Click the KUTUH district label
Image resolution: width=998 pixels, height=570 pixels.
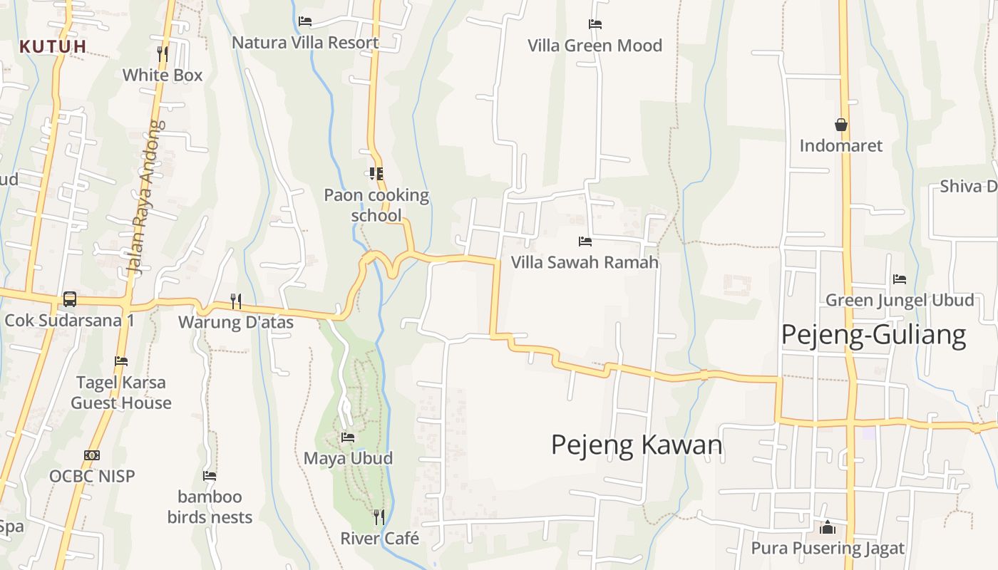pos(53,46)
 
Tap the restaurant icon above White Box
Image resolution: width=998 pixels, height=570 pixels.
pos(163,53)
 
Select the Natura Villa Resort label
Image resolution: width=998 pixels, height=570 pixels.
pos(305,43)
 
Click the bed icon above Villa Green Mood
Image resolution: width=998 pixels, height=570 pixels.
pos(595,24)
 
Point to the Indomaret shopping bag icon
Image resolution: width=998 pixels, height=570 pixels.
pos(841,125)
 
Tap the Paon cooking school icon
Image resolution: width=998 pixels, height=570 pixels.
pos(376,173)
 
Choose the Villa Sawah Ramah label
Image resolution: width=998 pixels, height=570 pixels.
pos(585,262)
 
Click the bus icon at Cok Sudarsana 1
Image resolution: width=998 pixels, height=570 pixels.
pos(69,299)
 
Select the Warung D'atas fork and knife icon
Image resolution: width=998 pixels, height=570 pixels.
pos(235,301)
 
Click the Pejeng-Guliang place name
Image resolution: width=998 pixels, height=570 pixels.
pos(873,334)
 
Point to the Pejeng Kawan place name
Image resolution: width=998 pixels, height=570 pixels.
pos(637,445)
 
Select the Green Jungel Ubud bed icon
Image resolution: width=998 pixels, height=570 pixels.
pos(900,279)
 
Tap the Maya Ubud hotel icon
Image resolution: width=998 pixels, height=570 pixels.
pos(348,437)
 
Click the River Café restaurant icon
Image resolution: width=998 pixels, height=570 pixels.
pos(379,517)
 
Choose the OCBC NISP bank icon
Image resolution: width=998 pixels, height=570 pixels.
pos(91,455)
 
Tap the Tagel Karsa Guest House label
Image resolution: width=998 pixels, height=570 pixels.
pos(121,393)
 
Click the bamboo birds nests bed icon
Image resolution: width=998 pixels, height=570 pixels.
pos(210,475)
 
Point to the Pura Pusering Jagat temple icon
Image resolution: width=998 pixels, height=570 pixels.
pos(827,527)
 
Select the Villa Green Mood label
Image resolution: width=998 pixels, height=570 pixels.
pos(595,46)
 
